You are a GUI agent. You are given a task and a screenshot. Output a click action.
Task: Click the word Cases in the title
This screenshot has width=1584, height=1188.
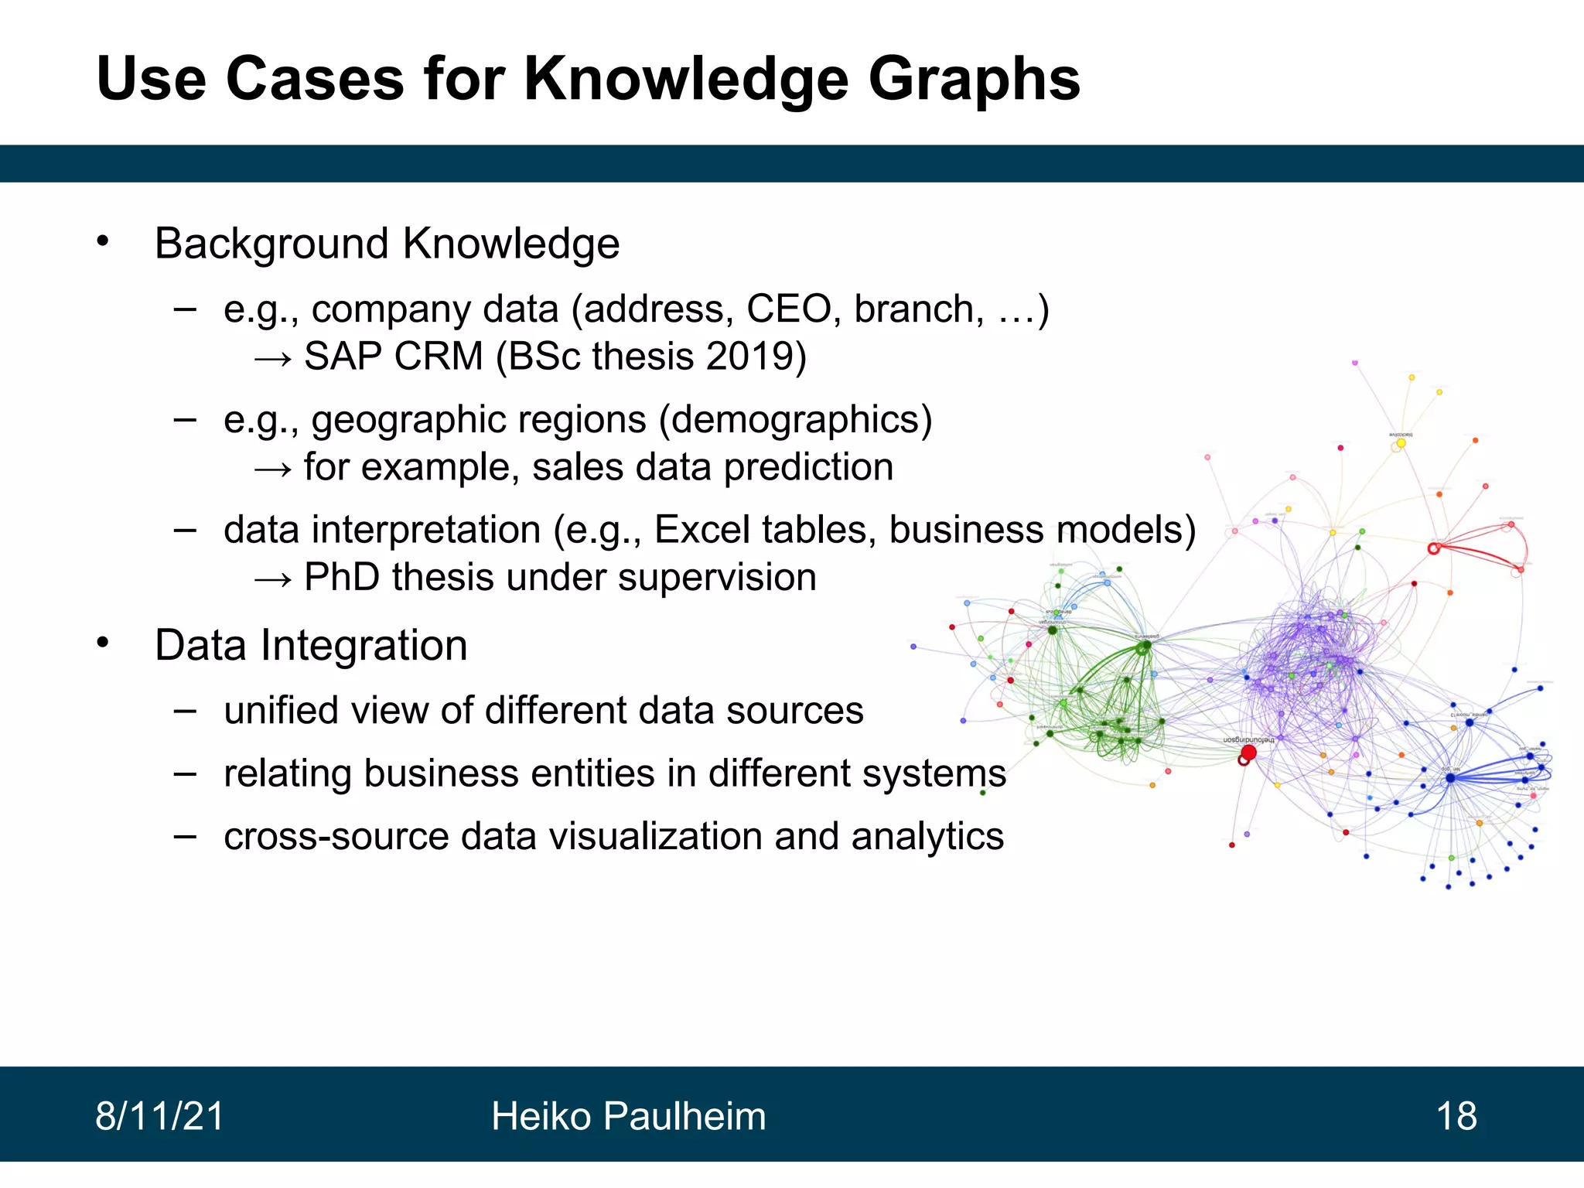tap(315, 79)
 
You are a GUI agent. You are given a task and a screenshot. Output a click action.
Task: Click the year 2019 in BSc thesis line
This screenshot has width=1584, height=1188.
tap(748, 357)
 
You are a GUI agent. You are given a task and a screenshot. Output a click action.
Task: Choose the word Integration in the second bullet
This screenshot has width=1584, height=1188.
tap(364, 645)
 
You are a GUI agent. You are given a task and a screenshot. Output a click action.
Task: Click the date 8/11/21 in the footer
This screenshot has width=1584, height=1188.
tap(159, 1116)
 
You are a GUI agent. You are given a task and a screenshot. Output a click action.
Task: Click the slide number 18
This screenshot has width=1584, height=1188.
tap(1456, 1116)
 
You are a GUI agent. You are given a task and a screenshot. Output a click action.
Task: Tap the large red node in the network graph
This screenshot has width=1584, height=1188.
tap(1248, 752)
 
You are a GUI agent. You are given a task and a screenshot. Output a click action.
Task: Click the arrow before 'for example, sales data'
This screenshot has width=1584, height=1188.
tap(273, 469)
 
